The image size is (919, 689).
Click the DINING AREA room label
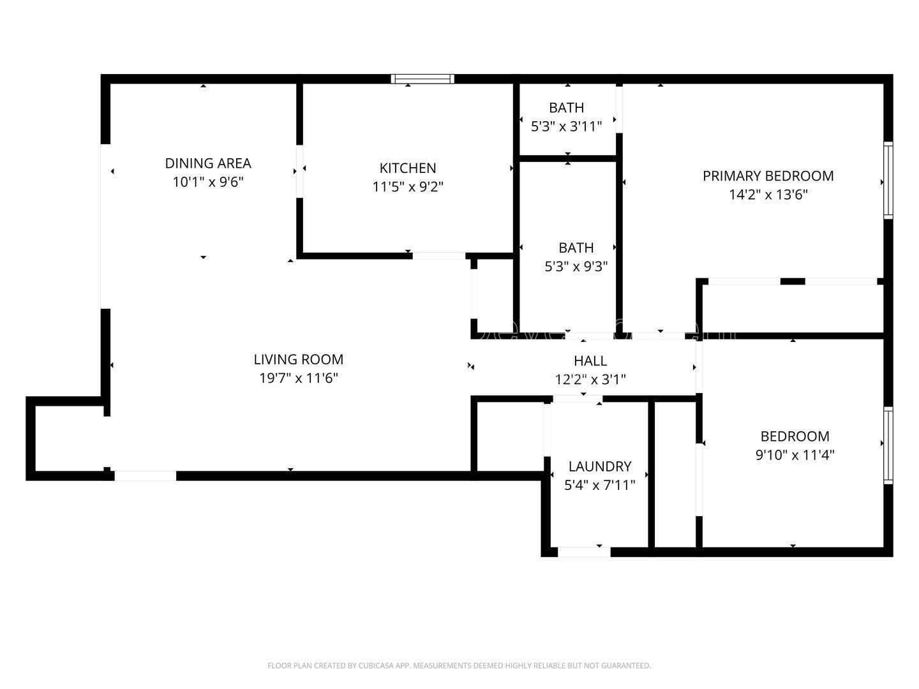208,163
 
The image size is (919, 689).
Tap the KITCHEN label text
408,168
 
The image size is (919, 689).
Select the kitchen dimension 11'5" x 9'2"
408,186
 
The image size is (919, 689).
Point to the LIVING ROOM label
299,359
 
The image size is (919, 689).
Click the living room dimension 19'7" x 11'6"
299,378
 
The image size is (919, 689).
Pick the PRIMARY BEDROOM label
768,176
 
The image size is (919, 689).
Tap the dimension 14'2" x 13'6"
768,195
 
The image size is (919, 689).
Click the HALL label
590,360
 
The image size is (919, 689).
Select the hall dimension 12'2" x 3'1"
590,380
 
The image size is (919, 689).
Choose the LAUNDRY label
600,466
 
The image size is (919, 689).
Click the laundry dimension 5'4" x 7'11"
600,485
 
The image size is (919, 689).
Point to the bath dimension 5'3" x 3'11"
567,126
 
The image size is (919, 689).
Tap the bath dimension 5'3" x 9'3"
576,266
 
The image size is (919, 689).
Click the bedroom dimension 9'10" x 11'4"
795,455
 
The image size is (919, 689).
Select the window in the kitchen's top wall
422,79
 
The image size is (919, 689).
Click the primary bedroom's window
888,181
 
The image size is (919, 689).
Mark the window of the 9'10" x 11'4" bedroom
888,445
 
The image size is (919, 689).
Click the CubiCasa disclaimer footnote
459,665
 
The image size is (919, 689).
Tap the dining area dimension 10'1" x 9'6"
208,182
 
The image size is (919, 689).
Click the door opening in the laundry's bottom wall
584,552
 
